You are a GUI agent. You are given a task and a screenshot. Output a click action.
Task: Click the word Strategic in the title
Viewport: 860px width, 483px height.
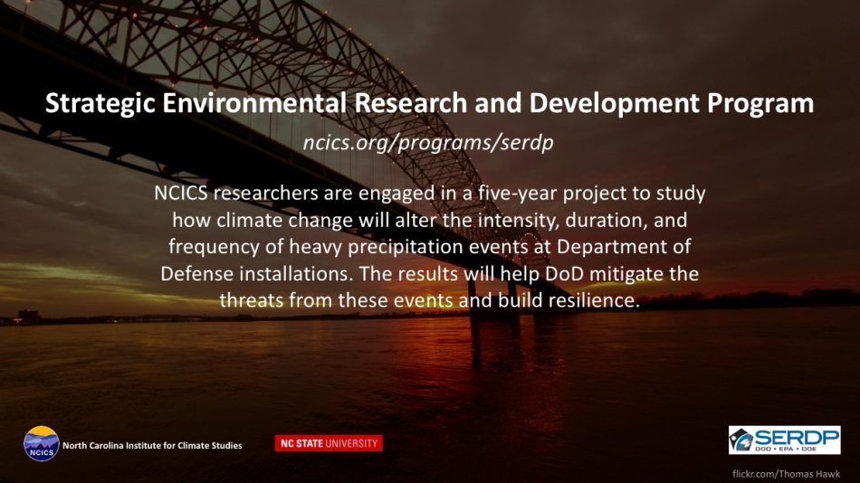(100, 104)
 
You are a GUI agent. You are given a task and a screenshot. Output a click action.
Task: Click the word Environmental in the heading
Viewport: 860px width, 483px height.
(254, 102)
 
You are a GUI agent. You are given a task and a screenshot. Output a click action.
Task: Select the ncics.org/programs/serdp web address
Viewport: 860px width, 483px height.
(428, 143)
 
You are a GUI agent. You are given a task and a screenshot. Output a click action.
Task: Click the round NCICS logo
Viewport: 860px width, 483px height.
(41, 443)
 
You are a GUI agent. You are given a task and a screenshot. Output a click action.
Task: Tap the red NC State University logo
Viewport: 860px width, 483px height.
(330, 443)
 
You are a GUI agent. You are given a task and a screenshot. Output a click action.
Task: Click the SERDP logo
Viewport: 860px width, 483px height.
(784, 440)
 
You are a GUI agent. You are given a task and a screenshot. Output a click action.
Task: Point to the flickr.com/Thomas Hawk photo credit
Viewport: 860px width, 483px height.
(786, 474)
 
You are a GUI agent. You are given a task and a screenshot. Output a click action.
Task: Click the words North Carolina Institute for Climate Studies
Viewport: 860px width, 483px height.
(152, 445)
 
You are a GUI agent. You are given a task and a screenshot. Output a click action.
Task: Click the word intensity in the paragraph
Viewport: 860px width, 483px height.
(519, 221)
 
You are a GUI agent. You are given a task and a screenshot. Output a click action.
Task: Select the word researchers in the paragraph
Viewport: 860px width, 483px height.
(266, 193)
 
